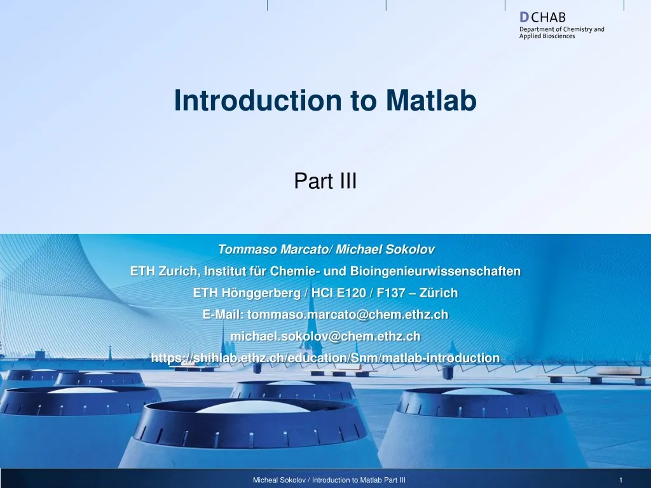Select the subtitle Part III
[325, 182]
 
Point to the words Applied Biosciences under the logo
[547, 36]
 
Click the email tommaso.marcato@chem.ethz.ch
[348, 315]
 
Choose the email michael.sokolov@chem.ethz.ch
[325, 336]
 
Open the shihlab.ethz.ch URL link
[325, 358]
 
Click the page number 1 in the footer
[620, 480]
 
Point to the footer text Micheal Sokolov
[277, 480]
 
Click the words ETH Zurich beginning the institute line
[163, 271]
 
